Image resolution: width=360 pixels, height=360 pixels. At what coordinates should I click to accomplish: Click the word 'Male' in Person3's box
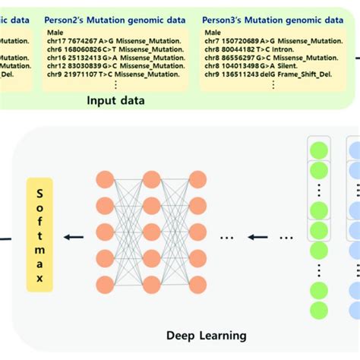point(213,32)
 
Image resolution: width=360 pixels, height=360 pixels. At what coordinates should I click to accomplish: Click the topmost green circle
point(319,148)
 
